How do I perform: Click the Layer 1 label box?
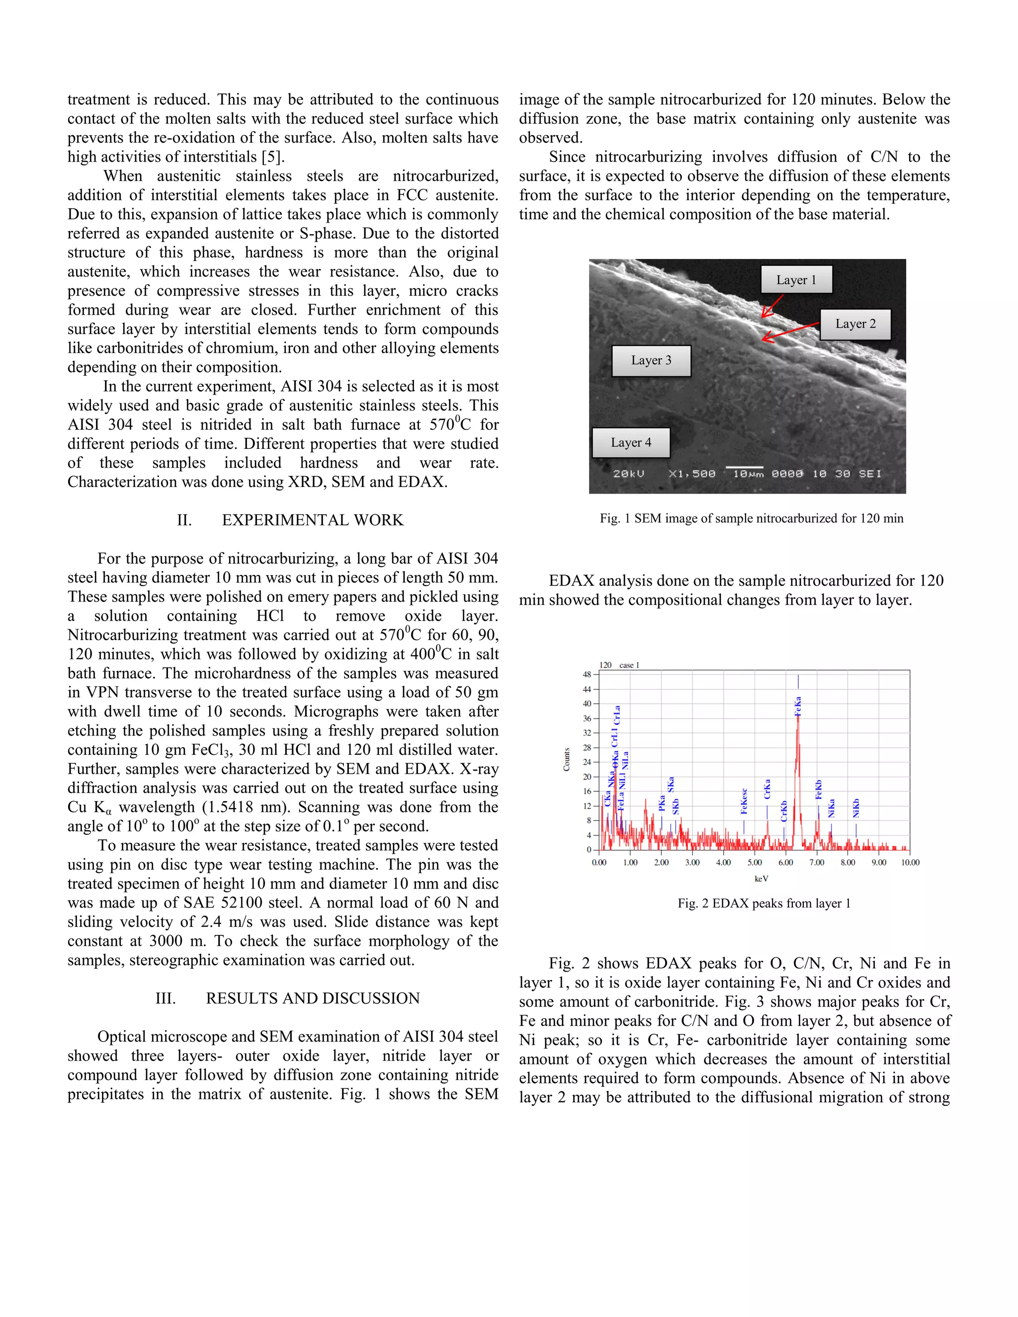click(796, 280)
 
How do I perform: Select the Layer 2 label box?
click(855, 324)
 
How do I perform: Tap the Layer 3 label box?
click(651, 361)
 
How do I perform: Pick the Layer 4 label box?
click(631, 443)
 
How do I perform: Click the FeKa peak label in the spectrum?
click(798, 706)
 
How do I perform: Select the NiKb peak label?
click(856, 808)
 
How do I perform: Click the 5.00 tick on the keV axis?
click(755, 863)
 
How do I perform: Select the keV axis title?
click(761, 879)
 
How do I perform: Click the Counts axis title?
click(566, 760)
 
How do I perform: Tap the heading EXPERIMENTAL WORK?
click(312, 520)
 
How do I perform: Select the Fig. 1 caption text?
click(751, 518)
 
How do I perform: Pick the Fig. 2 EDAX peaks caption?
click(763, 904)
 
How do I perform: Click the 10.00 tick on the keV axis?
click(910, 863)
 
